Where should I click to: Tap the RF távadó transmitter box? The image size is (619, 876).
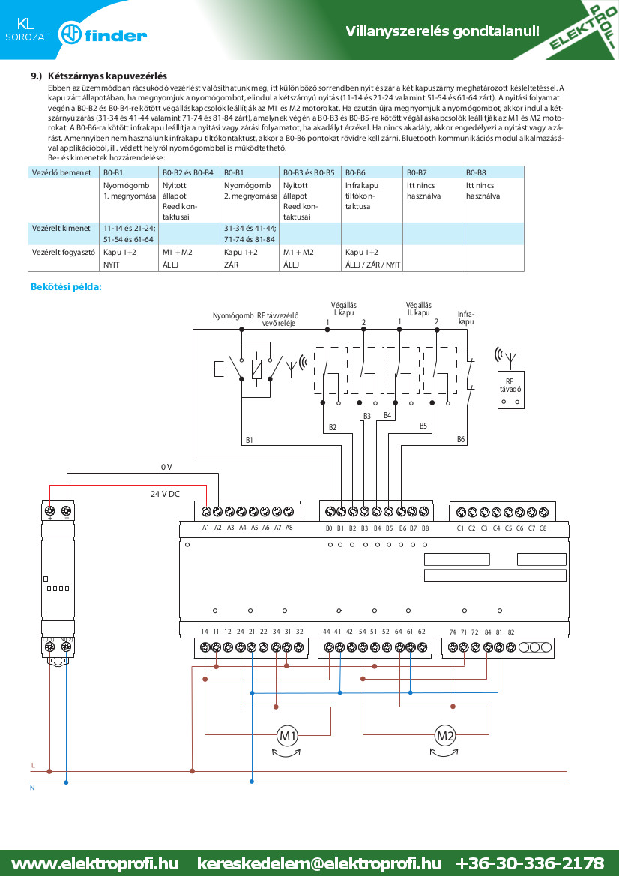pyautogui.click(x=510, y=390)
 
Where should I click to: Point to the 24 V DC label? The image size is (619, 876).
pyautogui.click(x=166, y=494)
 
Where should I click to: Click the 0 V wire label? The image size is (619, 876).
pyautogui.click(x=166, y=467)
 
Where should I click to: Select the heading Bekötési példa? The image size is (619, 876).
pyautogui.click(x=67, y=287)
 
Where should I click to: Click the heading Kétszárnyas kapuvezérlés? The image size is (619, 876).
pyautogui.click(x=107, y=76)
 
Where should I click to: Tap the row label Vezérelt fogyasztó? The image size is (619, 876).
pyautogui.click(x=64, y=252)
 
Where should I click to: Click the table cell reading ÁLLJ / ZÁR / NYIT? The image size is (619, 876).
pyautogui.click(x=372, y=265)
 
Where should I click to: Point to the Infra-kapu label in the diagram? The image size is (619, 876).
pyautogui.click(x=466, y=318)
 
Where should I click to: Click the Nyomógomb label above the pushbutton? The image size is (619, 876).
pyautogui.click(x=233, y=315)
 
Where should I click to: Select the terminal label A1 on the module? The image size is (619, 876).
pyautogui.click(x=205, y=528)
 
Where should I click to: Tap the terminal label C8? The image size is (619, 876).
pyautogui.click(x=543, y=528)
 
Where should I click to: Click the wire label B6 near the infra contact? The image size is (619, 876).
pyautogui.click(x=460, y=439)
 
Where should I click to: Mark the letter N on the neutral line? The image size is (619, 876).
pyautogui.click(x=32, y=788)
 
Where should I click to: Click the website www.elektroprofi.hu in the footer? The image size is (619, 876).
pyautogui.click(x=95, y=863)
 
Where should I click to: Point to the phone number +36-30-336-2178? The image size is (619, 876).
pyautogui.click(x=530, y=863)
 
